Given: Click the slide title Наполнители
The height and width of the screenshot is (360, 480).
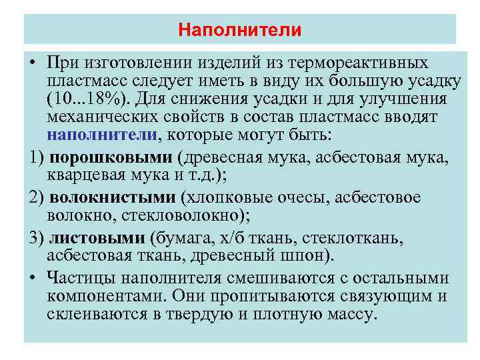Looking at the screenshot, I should [x=240, y=31].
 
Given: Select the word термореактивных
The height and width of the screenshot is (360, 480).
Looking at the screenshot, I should [x=371, y=63].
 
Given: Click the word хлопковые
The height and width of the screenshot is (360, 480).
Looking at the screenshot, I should [x=228, y=198].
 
